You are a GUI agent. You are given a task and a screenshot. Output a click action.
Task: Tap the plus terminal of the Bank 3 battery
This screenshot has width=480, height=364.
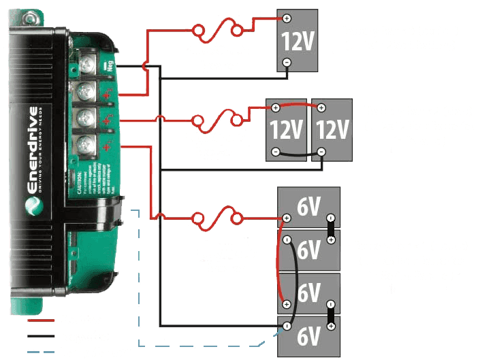287,18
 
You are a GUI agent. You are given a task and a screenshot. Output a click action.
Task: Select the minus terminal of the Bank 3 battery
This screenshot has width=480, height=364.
287,62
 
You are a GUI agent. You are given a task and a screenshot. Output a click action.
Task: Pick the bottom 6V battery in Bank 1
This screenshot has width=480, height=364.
308,335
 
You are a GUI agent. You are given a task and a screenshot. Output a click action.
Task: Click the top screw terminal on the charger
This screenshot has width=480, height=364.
86,66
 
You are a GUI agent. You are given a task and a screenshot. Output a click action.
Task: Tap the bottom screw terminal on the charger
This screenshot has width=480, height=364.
86,144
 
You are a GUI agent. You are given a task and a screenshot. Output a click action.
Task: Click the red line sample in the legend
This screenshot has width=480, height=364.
42,319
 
